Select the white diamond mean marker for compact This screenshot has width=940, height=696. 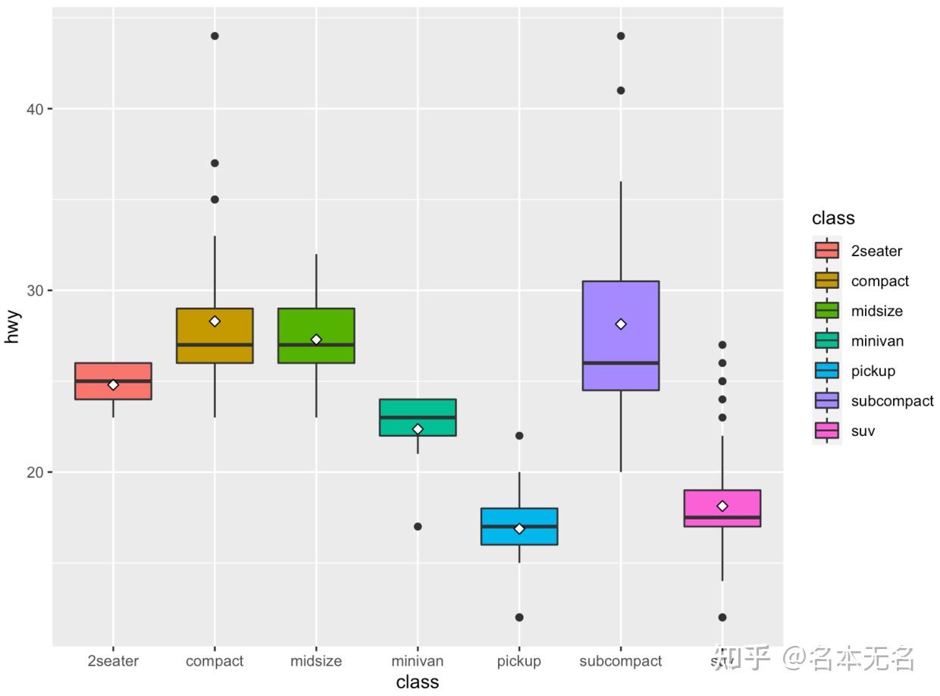tap(215, 321)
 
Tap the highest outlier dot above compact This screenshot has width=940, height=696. tap(215, 36)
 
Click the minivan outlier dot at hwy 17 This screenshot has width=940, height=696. tap(418, 526)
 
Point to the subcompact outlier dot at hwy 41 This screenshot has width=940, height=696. tap(621, 90)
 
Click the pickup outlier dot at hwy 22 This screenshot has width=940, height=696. tap(519, 436)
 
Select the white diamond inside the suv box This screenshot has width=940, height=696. tap(722, 506)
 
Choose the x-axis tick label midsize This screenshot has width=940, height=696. tap(316, 661)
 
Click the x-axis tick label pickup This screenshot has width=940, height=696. tap(519, 661)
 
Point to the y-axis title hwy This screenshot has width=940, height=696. tap(11, 327)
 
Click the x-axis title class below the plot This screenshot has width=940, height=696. tap(418, 682)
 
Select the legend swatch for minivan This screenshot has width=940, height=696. tap(826, 341)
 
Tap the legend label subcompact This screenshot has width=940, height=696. tap(892, 401)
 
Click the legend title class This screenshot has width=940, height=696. tap(833, 218)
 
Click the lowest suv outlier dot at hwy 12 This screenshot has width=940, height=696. tap(722, 617)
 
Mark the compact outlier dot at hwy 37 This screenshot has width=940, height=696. tap(215, 163)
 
